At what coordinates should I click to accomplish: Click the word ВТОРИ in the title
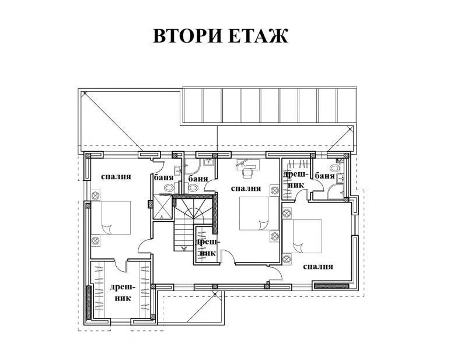pyautogui.click(x=186, y=36)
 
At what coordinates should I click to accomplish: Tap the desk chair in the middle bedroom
pyautogui.click(x=247, y=173)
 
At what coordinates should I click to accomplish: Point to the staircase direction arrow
pyautogui.click(x=184, y=249)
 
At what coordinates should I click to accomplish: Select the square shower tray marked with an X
pyautogui.click(x=163, y=207)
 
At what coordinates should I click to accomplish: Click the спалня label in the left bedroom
pyautogui.click(x=116, y=176)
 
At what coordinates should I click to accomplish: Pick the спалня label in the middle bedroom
pyautogui.click(x=246, y=188)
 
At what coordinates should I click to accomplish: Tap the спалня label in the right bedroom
pyautogui.click(x=318, y=266)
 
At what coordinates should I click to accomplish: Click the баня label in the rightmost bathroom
pyautogui.click(x=325, y=176)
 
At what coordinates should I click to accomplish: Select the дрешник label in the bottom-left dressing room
pyautogui.click(x=123, y=292)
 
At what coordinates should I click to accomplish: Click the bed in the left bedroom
pyautogui.click(x=111, y=218)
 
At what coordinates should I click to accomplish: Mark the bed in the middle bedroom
pyautogui.click(x=259, y=214)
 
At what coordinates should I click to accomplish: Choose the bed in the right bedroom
pyautogui.click(x=302, y=236)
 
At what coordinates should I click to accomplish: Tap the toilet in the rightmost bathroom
pyautogui.click(x=335, y=168)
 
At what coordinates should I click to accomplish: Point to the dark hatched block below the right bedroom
pyautogui.click(x=331, y=286)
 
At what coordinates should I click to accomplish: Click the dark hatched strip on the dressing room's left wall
pyautogui.click(x=89, y=302)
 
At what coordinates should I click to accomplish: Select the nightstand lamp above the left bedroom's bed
pyautogui.click(x=95, y=195)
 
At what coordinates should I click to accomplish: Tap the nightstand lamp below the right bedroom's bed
pyautogui.click(x=287, y=258)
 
